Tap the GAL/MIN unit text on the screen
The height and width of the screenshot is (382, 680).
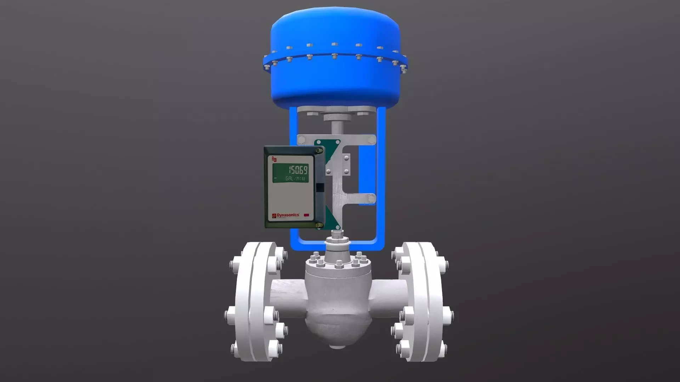click(295, 179)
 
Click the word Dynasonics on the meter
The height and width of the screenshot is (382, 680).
click(288, 215)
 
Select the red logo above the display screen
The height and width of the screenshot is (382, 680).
click(274, 159)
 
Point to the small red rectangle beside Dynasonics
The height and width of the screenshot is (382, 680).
click(306, 215)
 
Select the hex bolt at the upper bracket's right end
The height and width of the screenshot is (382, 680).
click(371, 140)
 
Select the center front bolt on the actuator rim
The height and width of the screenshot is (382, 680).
click(334, 56)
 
